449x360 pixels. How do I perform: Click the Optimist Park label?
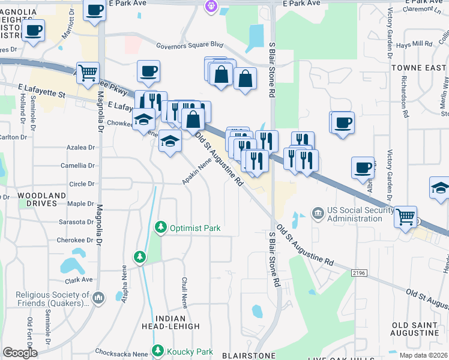click(x=195, y=228)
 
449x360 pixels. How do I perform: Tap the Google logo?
click(x=20, y=352)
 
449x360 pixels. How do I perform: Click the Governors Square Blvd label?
click(x=189, y=45)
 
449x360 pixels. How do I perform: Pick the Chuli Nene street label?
click(x=185, y=291)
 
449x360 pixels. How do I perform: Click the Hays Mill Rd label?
click(x=414, y=44)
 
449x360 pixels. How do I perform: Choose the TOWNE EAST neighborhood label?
click(x=418, y=68)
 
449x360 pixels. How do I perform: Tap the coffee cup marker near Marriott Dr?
click(x=95, y=10)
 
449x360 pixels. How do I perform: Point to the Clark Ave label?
click(x=79, y=280)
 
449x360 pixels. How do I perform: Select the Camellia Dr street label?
click(x=78, y=166)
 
